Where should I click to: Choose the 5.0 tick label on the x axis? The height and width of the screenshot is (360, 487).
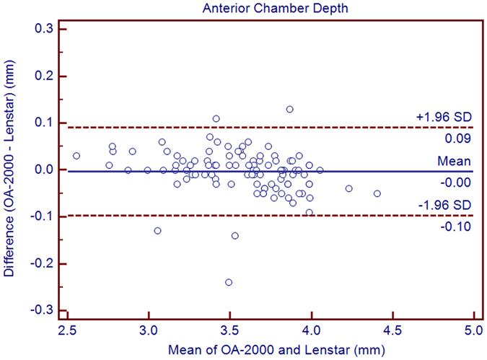[x=473, y=335]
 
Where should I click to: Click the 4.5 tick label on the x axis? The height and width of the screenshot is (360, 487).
[x=392, y=335]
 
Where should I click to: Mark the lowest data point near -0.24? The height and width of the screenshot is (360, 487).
[x=229, y=282]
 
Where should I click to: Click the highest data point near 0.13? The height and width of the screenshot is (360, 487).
[x=289, y=109]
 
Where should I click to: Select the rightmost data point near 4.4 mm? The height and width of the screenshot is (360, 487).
[x=377, y=193]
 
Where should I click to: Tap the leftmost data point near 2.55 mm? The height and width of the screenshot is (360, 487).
[x=76, y=156]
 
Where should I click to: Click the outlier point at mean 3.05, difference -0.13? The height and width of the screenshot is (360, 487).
[x=157, y=231]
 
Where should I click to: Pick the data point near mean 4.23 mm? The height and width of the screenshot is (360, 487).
[x=349, y=188]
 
